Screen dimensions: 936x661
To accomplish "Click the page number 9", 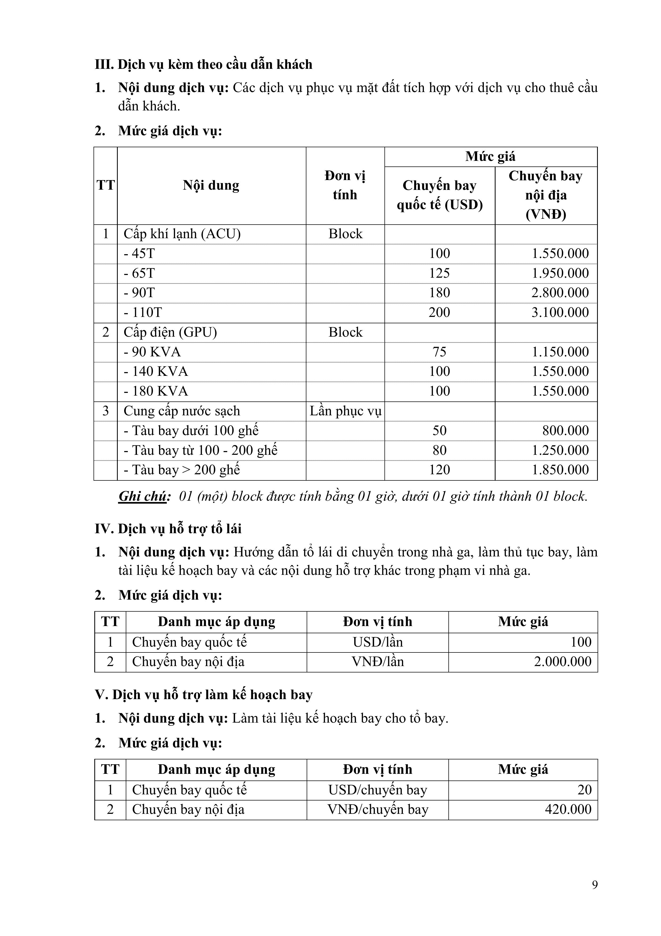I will [x=595, y=885].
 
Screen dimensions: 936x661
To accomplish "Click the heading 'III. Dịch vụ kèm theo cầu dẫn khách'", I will [x=203, y=64].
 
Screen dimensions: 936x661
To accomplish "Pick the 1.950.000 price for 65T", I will [x=560, y=273].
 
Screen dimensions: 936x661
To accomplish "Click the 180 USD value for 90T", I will [x=439, y=293].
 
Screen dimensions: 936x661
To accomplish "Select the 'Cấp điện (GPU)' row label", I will [x=170, y=332].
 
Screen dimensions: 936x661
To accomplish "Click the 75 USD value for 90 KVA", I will [x=439, y=352].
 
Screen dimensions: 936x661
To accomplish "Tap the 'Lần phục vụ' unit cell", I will [x=345, y=411].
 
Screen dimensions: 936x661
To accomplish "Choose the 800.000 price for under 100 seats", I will [x=565, y=431].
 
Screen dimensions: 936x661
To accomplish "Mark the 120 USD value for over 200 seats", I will [x=439, y=470].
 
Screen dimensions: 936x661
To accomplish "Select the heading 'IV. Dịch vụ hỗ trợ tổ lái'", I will [x=168, y=529].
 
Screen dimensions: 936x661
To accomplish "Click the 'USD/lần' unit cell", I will [x=378, y=642].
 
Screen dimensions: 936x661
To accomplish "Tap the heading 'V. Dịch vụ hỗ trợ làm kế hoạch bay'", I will [x=203, y=695].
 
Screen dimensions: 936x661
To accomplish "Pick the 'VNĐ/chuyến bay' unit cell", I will [x=378, y=809].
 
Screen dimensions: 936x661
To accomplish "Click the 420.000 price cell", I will [x=568, y=809].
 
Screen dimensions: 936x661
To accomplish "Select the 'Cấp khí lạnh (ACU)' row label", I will [x=182, y=234].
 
